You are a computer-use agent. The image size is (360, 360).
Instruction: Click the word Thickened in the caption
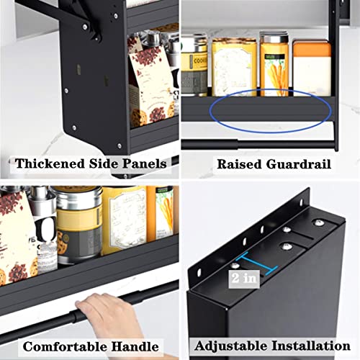click(48, 164)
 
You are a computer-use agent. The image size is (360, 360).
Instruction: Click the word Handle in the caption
click(140, 346)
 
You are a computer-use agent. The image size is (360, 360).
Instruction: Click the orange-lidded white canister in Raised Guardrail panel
click(312, 68)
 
